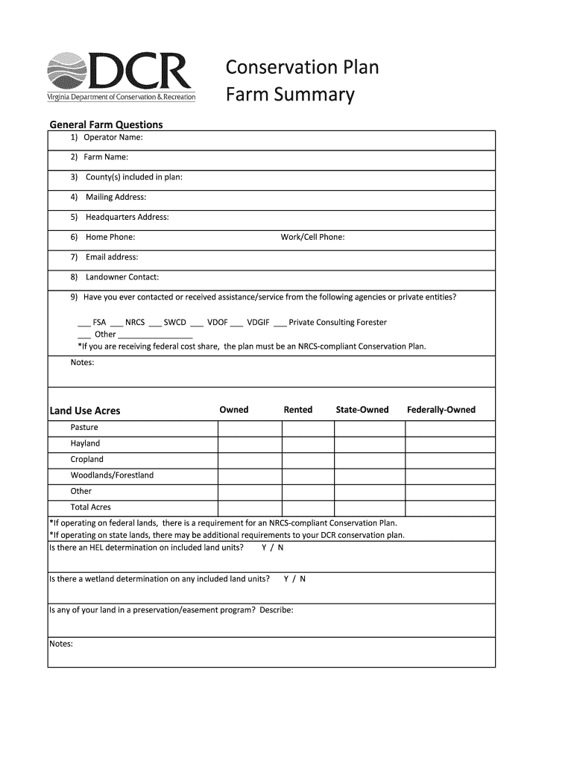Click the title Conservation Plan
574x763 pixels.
[303, 68]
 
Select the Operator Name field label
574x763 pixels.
[112, 137]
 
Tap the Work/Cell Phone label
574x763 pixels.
[312, 238]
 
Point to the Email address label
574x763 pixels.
[111, 257]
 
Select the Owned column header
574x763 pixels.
[234, 410]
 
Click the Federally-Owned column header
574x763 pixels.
[441, 410]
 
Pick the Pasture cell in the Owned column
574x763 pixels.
[250, 428]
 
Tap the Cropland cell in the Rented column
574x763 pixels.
[308, 460]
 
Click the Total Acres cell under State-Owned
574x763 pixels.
[369, 507]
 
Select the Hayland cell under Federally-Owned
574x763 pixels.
[450, 443]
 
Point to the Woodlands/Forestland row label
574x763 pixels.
[112, 475]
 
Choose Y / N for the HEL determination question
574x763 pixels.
[272, 548]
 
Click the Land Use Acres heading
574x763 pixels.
[84, 411]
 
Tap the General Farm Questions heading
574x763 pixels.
[106, 124]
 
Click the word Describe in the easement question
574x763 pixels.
[276, 610]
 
